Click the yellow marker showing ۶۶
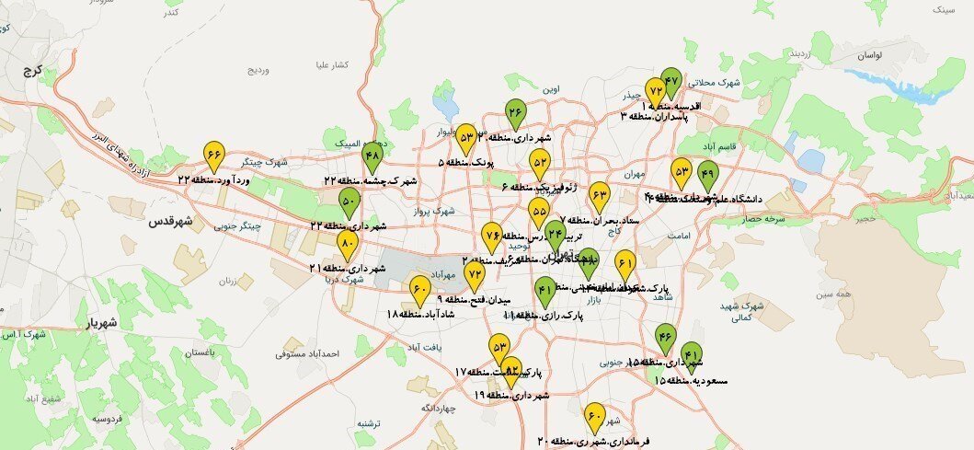(214, 155)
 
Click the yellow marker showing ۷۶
(492, 236)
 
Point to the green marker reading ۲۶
(515, 114)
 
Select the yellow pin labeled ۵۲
(540, 164)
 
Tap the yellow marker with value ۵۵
(539, 212)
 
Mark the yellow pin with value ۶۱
(625, 265)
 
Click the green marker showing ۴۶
(665, 339)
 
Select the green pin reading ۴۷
(671, 83)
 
